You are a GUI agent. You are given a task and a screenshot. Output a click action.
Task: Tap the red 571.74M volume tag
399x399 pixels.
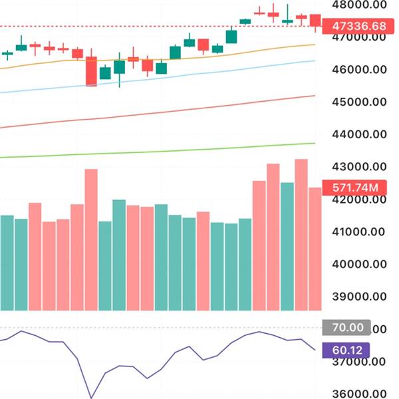pyautogui.click(x=354, y=188)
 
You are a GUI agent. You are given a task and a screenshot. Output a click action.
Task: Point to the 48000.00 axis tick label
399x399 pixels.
pyautogui.click(x=359, y=5)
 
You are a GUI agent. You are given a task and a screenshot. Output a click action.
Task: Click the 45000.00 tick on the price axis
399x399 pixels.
pyautogui.click(x=359, y=102)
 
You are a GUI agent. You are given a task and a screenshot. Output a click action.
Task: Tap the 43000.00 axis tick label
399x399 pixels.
pyautogui.click(x=359, y=167)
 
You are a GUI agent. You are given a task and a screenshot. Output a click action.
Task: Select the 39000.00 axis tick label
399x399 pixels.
pyautogui.click(x=359, y=297)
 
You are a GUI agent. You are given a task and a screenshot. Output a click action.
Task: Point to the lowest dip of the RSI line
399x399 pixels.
pyautogui.click(x=91, y=398)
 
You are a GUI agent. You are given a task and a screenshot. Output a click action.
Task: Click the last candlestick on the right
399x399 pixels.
pyautogui.click(x=315, y=22)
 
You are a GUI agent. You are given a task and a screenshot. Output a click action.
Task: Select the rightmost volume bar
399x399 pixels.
pyautogui.click(x=315, y=249)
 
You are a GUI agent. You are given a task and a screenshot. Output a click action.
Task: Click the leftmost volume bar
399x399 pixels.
pyautogui.click(x=7, y=263)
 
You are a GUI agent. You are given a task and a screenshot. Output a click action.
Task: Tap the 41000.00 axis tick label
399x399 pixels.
pyautogui.click(x=359, y=232)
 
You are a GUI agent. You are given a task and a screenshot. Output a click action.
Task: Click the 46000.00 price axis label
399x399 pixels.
pyautogui.click(x=359, y=70)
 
